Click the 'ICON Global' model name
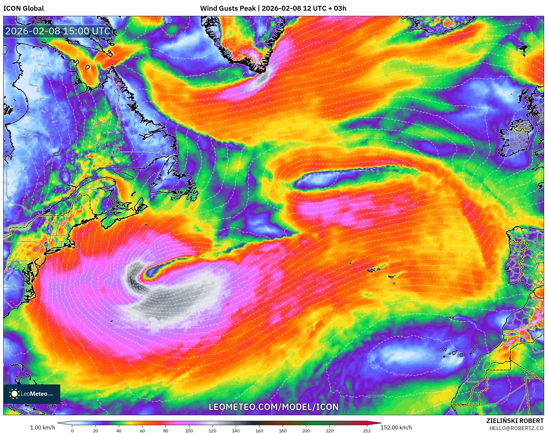[x=23, y=8]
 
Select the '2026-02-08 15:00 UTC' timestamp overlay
[x=58, y=31]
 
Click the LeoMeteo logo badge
[x=32, y=394]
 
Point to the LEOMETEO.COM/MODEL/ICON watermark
[x=273, y=407]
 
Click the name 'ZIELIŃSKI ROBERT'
[x=515, y=421]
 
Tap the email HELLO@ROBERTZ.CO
[x=516, y=428]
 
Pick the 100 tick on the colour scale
[x=189, y=430]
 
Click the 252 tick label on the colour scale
[x=367, y=430]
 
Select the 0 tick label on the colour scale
[x=72, y=430]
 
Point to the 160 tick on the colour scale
[x=259, y=430]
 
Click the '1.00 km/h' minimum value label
[x=42, y=427]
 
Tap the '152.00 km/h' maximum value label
[x=396, y=427]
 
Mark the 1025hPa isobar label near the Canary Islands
[x=400, y=374]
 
